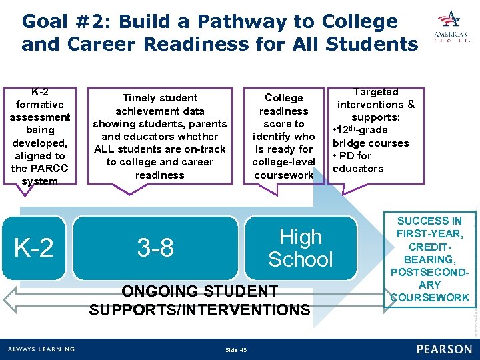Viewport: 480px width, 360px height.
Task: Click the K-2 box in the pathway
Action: pos(34,248)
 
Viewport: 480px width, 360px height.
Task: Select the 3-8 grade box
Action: pos(155,248)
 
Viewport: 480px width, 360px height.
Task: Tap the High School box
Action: pos(300,248)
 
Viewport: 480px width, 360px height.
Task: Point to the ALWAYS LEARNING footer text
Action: pos(41,349)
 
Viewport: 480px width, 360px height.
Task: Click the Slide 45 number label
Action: pos(236,350)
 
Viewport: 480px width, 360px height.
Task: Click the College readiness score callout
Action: pos(283,137)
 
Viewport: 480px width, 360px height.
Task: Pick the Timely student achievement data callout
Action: pos(160,137)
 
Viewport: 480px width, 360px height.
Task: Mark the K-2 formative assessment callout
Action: pos(39,137)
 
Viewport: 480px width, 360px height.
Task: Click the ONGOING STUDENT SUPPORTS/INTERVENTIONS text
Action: pos(199,301)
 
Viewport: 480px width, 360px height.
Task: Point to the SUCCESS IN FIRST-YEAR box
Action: pos(429,259)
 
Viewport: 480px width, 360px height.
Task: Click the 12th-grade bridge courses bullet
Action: pos(371,137)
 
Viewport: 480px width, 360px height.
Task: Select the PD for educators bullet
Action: pos(358,162)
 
